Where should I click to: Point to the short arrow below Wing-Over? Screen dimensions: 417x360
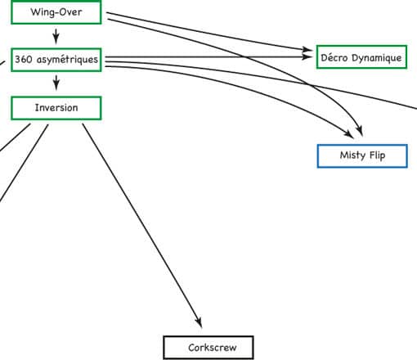pyautogui.click(x=56, y=36)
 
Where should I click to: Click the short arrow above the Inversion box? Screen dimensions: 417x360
pyautogui.click(x=56, y=83)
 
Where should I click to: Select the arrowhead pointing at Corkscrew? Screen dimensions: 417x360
pyautogui.click(x=199, y=322)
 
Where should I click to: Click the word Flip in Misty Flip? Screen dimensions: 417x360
pyautogui.click(x=378, y=155)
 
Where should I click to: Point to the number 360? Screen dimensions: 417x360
pyautogui.click(x=24, y=59)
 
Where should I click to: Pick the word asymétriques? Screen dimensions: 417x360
pyautogui.click(x=67, y=60)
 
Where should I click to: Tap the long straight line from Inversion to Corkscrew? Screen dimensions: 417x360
pyautogui.click(x=142, y=226)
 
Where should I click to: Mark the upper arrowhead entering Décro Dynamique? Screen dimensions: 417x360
pyautogui.click(x=307, y=49)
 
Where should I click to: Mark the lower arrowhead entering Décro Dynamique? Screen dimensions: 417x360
pyautogui.click(x=307, y=56)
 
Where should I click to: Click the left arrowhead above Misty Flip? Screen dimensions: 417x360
pyautogui.click(x=349, y=134)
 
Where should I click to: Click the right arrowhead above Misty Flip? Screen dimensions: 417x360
pyautogui.click(x=360, y=131)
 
